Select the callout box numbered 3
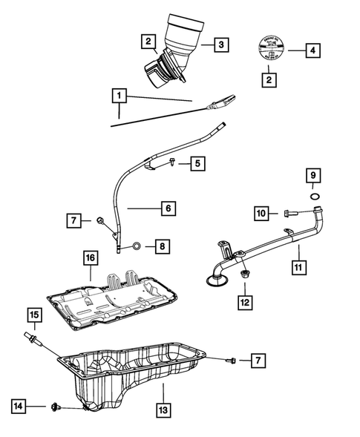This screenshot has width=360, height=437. coord(220,45)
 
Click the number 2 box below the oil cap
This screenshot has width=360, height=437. coord(268,78)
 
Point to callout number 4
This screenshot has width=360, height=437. coord(313,50)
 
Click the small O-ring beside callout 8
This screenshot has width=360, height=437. coord(136,246)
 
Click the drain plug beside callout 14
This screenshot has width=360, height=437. coord(56,407)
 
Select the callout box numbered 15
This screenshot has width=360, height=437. coord(33,315)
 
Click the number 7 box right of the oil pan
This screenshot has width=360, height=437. coord(257,361)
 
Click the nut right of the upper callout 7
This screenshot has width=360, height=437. coord(99,220)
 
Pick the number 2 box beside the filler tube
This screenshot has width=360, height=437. coord(149,42)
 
